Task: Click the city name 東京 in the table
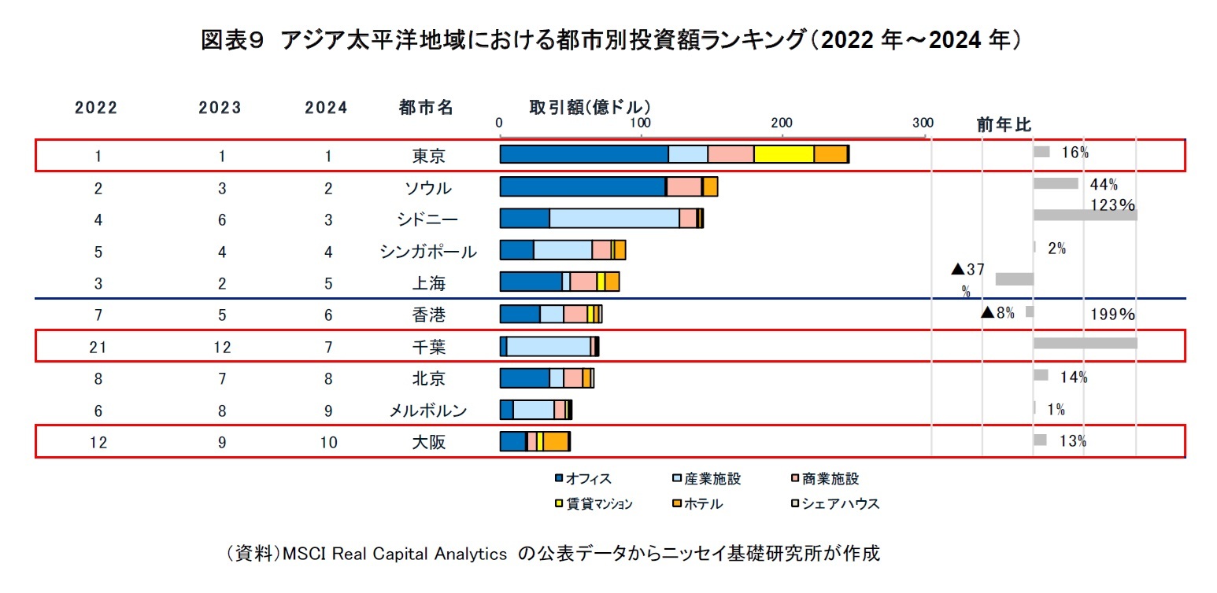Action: [x=428, y=156]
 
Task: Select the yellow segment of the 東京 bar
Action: [x=783, y=155]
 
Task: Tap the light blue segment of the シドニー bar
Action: [x=614, y=219]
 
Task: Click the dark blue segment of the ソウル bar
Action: [x=582, y=187]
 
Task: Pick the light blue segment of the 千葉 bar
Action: [x=548, y=346]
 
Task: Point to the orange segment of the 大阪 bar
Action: [x=556, y=441]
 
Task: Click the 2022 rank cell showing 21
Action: [x=98, y=348]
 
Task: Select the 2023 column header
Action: [x=220, y=109]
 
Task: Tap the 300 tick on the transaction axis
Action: [x=923, y=123]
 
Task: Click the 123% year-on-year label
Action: [x=1112, y=205]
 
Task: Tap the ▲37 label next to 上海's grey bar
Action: [x=967, y=270]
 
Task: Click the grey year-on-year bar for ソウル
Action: [x=1055, y=183]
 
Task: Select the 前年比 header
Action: [x=1004, y=124]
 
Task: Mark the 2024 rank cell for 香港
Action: [x=328, y=315]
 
